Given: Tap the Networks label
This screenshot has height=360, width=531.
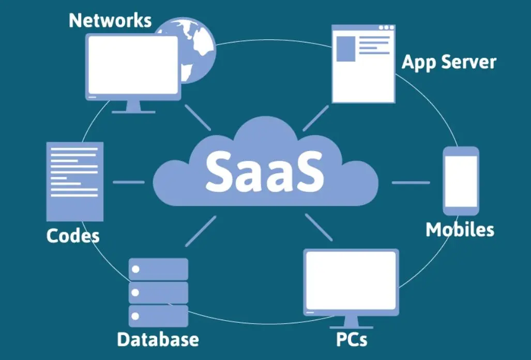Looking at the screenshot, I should (x=110, y=20).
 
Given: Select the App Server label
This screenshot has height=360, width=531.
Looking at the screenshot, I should (x=448, y=62).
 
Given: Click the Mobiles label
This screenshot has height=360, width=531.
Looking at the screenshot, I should (x=459, y=229).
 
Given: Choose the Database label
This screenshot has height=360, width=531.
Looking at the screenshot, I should (x=158, y=339).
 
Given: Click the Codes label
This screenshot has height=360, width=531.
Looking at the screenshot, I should (x=73, y=236).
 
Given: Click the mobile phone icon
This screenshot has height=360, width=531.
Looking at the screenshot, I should (x=461, y=181).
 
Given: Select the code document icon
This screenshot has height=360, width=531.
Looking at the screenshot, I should (x=74, y=182).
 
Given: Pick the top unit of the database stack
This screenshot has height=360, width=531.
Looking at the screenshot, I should (x=158, y=269).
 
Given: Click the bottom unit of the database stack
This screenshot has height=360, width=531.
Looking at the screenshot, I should (x=158, y=315).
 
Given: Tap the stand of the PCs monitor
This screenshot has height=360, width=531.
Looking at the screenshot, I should (x=351, y=323).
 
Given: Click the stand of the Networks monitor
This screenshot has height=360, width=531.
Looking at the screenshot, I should (x=133, y=107).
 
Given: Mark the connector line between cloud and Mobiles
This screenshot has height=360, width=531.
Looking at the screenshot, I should (x=411, y=182).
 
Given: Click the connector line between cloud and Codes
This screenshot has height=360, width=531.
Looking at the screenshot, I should (x=128, y=182).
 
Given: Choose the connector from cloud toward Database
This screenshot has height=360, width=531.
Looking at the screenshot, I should (x=201, y=231).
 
